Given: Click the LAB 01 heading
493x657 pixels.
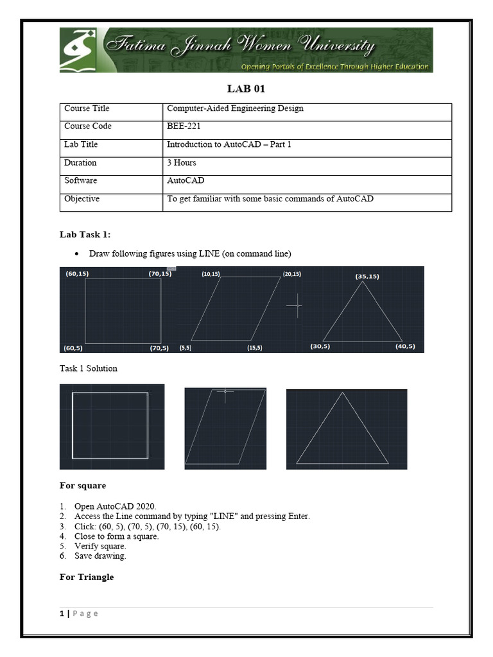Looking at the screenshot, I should [x=246, y=89].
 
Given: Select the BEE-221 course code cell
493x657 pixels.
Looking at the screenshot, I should [x=184, y=126].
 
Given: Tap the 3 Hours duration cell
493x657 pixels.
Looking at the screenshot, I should [x=182, y=162].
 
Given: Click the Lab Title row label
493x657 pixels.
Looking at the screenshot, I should [x=81, y=144].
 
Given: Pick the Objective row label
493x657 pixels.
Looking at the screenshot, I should [x=82, y=199].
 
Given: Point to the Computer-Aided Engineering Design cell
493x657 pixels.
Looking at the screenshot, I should [x=235, y=108].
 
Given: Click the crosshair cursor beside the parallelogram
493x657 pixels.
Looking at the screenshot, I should [x=295, y=305].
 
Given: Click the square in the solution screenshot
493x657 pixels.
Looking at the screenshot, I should [x=111, y=426].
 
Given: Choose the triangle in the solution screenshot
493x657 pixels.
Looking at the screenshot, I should [x=343, y=429].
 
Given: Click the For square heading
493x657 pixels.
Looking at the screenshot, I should [x=83, y=486].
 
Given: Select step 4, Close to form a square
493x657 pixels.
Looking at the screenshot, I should [x=116, y=536].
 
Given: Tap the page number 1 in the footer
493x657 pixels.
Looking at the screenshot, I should [x=62, y=613].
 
